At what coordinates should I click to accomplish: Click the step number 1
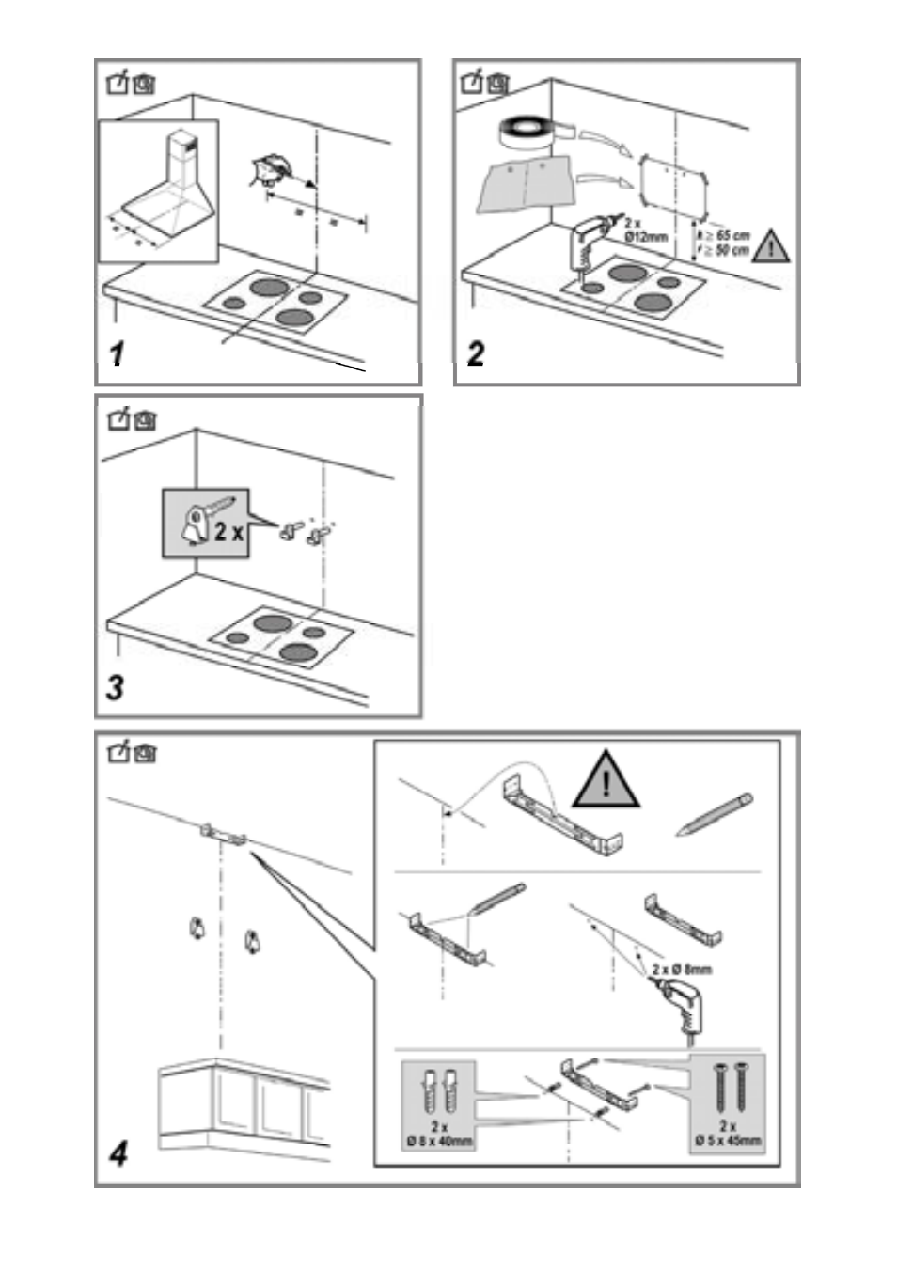(117, 354)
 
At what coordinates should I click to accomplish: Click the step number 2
(477, 353)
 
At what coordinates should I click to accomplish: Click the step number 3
(115, 687)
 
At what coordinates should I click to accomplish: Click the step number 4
(118, 1152)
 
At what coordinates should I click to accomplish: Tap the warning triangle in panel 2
(772, 247)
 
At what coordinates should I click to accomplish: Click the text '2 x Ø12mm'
(645, 230)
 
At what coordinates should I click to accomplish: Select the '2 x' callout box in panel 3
(206, 524)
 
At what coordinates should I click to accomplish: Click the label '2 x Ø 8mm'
(682, 969)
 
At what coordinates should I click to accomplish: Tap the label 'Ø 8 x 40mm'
(439, 1141)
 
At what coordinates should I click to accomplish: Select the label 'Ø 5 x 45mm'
(729, 1141)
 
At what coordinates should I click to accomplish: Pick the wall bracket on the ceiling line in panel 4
(223, 835)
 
